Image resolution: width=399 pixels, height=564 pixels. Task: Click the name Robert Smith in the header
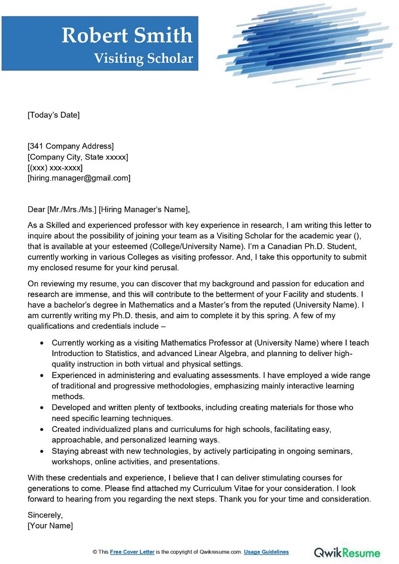(127, 35)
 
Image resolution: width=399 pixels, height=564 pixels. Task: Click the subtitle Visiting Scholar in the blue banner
(143, 58)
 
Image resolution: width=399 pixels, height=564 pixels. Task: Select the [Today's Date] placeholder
(53, 115)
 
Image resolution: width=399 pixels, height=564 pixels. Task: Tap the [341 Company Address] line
(70, 146)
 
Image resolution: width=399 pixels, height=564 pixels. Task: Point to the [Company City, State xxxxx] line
(78, 157)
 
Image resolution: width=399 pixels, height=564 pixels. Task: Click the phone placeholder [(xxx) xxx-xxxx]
(55, 168)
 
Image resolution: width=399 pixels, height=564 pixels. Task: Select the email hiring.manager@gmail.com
(79, 178)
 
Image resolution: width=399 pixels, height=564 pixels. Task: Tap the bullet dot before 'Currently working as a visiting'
(41, 343)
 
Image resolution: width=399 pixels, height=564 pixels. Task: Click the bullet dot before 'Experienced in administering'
(41, 376)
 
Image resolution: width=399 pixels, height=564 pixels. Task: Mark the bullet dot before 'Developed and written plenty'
(41, 407)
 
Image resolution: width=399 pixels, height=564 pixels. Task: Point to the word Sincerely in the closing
(45, 515)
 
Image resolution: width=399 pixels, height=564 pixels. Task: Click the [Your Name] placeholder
(50, 526)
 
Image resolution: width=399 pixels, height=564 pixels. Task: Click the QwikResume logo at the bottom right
(347, 552)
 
